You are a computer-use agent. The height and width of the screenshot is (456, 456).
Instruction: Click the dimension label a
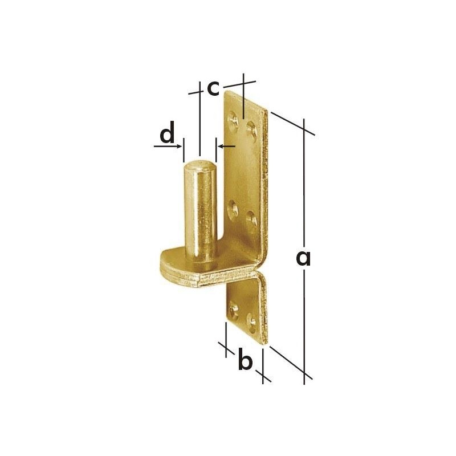pyautogui.click(x=303, y=259)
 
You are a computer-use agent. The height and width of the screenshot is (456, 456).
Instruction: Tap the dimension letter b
pyautogui.click(x=245, y=360)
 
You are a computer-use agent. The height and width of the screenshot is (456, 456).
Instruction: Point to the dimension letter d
pyautogui.click(x=167, y=132)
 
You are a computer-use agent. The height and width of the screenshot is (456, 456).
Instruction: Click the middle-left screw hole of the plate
pyautogui.click(x=233, y=208)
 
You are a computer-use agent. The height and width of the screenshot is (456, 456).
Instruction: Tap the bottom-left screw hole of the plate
pyautogui.click(x=234, y=310)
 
